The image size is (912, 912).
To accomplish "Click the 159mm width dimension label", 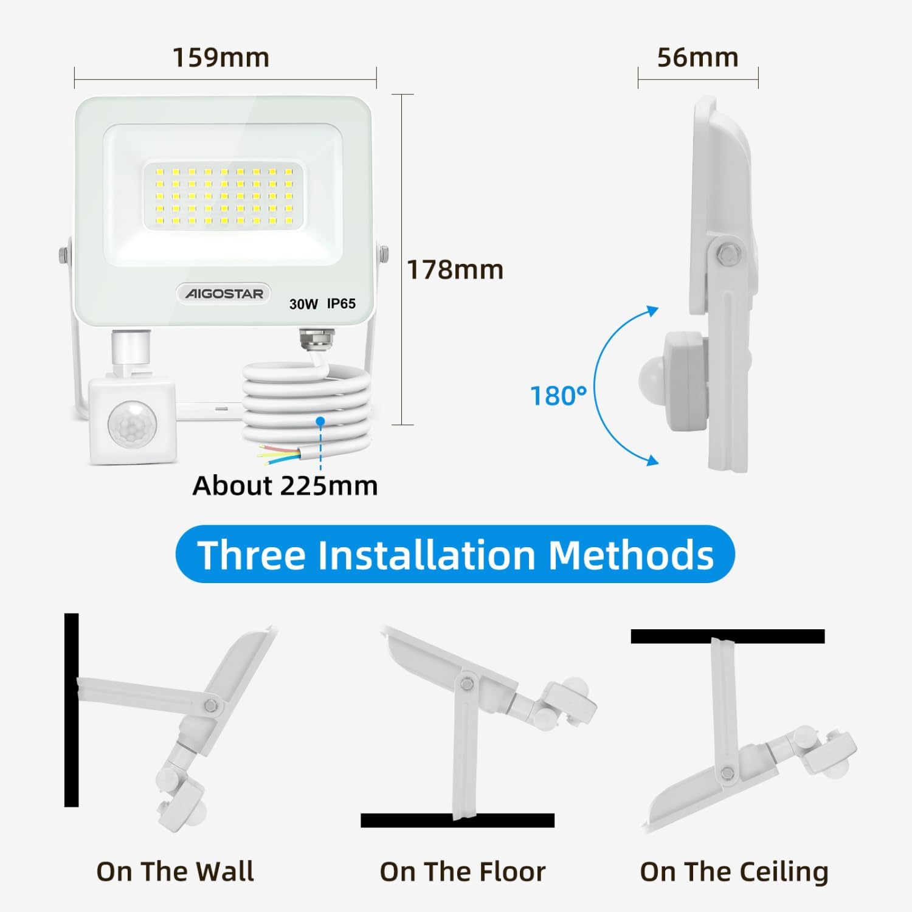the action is (221, 58).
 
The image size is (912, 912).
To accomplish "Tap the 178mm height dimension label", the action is (455, 270).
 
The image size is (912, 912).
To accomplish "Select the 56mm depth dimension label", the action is (698, 58).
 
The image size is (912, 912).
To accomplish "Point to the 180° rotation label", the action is (559, 396).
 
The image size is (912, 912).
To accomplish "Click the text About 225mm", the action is (285, 486).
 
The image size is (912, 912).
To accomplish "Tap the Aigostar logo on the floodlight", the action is (224, 294).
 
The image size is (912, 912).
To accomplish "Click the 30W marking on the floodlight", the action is (303, 304).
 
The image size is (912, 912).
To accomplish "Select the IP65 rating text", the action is (341, 303).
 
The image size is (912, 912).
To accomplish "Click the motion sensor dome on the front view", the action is (132, 423).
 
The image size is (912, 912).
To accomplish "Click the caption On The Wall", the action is (175, 871).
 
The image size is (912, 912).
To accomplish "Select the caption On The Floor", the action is (463, 871).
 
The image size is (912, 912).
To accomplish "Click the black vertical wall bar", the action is (72, 710).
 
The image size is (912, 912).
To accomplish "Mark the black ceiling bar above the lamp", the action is (728, 637).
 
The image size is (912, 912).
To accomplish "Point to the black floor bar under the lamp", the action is (458, 820).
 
